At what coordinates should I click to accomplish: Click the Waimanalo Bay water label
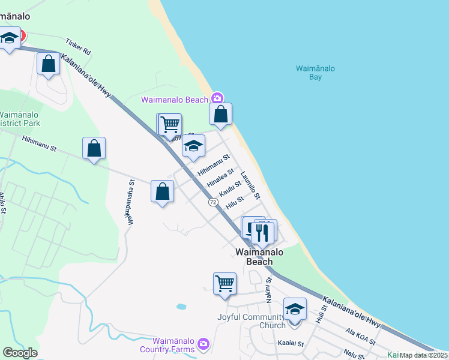(315, 73)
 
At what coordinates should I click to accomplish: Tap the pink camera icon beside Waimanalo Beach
(217, 98)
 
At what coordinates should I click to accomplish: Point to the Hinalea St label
(219, 176)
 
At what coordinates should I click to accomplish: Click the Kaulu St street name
(231, 189)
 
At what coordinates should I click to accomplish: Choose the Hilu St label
(235, 202)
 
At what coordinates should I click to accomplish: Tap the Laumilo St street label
(250, 186)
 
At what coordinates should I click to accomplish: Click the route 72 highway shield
(214, 203)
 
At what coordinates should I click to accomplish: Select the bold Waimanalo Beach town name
(259, 257)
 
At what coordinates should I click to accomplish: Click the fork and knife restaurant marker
(263, 231)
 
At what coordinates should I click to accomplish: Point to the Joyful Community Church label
(252, 321)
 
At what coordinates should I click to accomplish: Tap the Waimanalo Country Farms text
(167, 344)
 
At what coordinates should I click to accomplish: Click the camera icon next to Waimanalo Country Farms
(203, 343)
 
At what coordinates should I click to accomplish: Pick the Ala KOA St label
(361, 337)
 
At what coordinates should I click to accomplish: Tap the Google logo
(20, 353)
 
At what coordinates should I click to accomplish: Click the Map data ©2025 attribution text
(423, 355)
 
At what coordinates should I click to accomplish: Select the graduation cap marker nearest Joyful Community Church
(295, 310)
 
